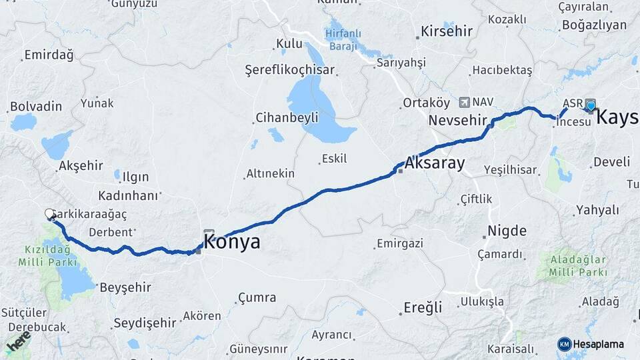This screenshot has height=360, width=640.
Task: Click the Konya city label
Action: [x=232, y=242]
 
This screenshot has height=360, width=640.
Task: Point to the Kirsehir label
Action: [x=446, y=31]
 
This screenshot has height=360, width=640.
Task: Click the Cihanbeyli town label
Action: [x=287, y=118]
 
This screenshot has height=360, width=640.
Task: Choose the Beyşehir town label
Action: [x=125, y=288]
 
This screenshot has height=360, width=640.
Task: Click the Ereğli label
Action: [x=423, y=307]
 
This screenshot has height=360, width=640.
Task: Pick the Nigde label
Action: [x=507, y=231]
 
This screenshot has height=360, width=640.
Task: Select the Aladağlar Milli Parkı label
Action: [x=578, y=265]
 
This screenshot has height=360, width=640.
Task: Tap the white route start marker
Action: [x=50, y=214]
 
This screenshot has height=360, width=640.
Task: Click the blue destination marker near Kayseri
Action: [x=591, y=105]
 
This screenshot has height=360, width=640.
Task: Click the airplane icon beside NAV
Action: [x=465, y=102]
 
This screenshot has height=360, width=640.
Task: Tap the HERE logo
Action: [x=18, y=342]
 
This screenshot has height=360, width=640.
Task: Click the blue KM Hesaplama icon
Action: [x=565, y=344]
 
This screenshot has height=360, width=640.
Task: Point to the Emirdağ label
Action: [x=48, y=55]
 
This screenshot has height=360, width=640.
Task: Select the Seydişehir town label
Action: [x=145, y=323]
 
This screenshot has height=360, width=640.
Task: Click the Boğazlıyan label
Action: [x=594, y=25]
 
